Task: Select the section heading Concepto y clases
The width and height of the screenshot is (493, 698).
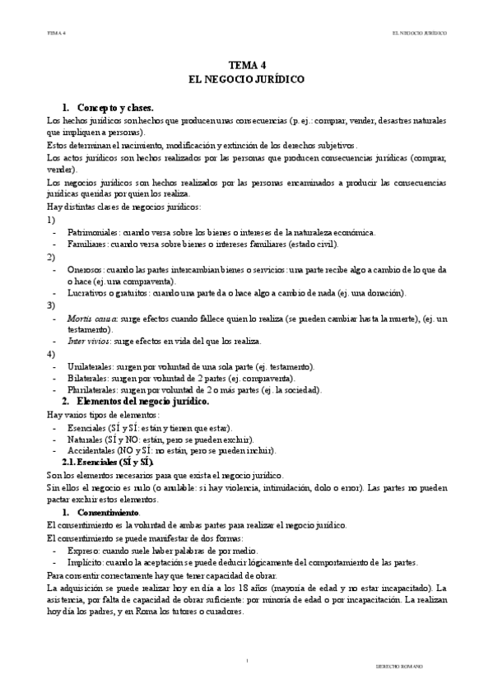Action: click(x=115, y=108)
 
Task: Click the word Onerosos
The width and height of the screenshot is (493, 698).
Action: click(x=86, y=269)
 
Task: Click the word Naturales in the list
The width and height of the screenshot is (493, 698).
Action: click(x=85, y=440)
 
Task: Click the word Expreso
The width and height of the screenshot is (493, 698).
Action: click(x=84, y=551)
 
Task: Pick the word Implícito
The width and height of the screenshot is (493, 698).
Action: click(x=86, y=563)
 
